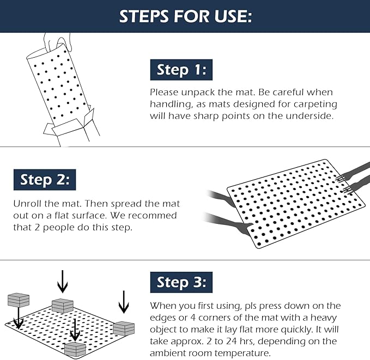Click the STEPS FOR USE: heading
185,16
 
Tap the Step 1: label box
181,70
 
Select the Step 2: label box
45,180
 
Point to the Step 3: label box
181,282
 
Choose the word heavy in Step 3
324,318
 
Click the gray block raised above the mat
19,300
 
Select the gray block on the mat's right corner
124,328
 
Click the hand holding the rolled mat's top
57,42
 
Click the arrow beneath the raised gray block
19,318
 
